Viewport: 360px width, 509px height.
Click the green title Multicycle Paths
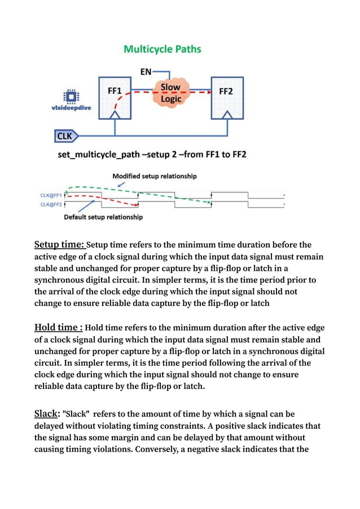[x=163, y=49]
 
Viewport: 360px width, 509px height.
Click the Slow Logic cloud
[x=170, y=93]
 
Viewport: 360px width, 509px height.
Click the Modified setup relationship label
[x=155, y=176]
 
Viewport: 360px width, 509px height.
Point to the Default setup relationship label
[x=103, y=217]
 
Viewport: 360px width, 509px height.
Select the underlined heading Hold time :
[x=59, y=328]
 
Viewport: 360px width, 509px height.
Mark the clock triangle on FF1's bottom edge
[x=115, y=115]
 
